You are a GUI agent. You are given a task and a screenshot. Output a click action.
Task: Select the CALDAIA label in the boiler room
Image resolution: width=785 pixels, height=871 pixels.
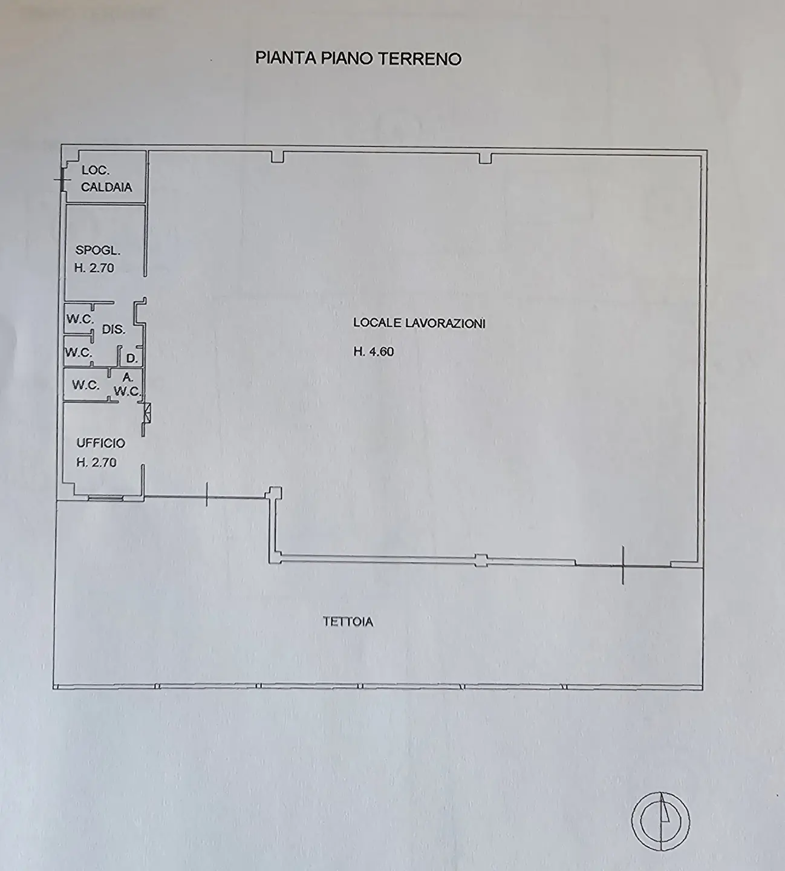pyautogui.click(x=106, y=187)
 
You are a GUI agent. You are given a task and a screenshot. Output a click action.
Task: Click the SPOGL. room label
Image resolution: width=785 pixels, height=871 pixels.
pyautogui.click(x=98, y=250)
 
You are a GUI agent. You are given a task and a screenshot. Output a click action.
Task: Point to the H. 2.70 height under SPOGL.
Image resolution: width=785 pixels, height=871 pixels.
pyautogui.click(x=94, y=268)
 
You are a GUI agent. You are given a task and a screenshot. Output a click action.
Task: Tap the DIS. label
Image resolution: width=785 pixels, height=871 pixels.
pyautogui.click(x=114, y=330)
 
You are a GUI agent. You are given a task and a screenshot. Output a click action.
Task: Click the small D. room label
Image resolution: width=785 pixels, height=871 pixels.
pyautogui.click(x=132, y=359)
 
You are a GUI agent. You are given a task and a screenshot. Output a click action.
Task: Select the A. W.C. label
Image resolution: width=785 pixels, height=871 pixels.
pyautogui.click(x=127, y=385)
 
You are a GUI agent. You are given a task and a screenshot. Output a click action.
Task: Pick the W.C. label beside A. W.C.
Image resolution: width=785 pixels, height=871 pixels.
pyautogui.click(x=86, y=385)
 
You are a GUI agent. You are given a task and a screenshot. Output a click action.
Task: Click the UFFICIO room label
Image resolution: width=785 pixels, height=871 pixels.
pyautogui.click(x=101, y=443)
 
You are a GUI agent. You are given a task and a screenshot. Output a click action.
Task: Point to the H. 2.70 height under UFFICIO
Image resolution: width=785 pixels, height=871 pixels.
pyautogui.click(x=96, y=463)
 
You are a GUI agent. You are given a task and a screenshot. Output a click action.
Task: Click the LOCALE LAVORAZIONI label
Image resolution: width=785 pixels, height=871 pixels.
pyautogui.click(x=419, y=323)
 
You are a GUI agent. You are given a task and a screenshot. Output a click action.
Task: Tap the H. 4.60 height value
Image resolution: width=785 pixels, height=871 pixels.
pyautogui.click(x=373, y=351)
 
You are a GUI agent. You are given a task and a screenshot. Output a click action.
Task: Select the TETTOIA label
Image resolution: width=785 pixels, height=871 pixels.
pyautogui.click(x=348, y=622)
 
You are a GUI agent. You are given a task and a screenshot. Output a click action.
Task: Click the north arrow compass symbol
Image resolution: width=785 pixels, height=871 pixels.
pyautogui.click(x=661, y=821)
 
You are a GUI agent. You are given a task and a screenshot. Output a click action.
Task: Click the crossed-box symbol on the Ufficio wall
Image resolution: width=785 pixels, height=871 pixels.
pyautogui.click(x=148, y=413)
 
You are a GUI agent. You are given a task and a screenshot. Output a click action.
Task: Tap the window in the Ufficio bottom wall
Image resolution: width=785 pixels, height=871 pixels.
pyautogui.click(x=105, y=498)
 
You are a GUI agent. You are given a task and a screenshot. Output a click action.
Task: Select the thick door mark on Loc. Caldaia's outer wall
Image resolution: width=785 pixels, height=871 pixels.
pyautogui.click(x=64, y=179)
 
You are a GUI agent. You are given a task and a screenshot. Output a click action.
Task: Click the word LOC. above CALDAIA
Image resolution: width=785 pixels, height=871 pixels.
pyautogui.click(x=96, y=170)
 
